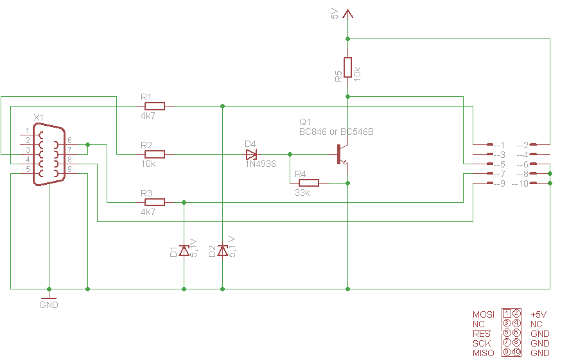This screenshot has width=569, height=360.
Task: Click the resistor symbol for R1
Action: pos(155,107)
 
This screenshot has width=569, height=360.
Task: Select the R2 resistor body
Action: pos(155,154)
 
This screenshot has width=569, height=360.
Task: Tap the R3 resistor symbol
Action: pos(155,202)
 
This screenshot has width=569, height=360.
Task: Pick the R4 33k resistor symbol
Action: pos(309,183)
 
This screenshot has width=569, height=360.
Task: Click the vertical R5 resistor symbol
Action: pos(347,67)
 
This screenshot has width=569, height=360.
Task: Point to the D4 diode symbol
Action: pos(251,155)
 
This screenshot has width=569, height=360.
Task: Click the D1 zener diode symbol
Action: pos(184,250)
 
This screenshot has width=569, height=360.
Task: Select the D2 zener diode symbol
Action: pos(222,250)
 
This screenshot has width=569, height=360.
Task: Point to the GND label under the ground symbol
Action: pos(49,305)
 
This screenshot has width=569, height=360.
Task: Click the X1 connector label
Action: pos(39,117)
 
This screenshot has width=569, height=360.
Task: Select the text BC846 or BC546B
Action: pos(337,132)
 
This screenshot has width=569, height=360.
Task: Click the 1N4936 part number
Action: pos(261,164)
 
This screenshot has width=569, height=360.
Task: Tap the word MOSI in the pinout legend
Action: pos(484,314)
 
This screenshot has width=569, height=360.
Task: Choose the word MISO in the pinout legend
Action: pos(484,353)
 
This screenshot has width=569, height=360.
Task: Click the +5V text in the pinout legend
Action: pos(539,314)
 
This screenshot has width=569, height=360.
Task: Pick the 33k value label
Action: pos(302,193)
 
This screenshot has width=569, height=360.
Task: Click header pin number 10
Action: pos(523,184)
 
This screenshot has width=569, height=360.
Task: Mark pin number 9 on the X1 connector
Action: pos(69,169)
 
